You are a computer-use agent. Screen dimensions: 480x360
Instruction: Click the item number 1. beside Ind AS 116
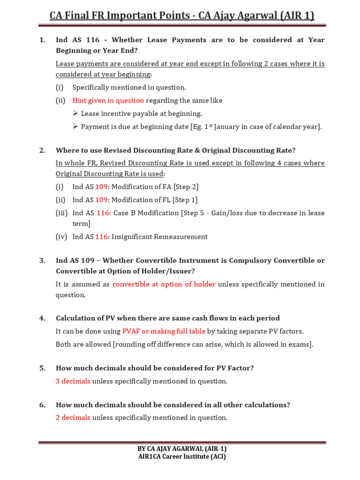coord(42,40)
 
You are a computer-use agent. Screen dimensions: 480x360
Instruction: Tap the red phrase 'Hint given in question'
coord(108,100)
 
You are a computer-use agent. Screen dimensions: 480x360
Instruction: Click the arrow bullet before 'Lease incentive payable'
coord(75,113)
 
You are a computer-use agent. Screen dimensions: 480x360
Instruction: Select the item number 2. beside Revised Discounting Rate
coord(42,150)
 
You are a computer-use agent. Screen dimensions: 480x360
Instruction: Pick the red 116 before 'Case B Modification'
coord(102,213)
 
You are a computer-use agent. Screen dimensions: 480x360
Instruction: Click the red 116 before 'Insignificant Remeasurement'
coord(102,237)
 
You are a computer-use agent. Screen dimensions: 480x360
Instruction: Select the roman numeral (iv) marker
coord(61,237)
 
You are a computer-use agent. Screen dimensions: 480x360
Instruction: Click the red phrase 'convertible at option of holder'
coord(164,284)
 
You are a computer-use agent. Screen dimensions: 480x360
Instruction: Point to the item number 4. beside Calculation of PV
coord(42,318)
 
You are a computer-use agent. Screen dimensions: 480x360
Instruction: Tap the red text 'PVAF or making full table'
coord(164,331)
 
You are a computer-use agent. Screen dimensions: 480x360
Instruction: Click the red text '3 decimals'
coord(73,381)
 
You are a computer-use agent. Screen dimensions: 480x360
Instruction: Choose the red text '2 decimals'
coord(73,418)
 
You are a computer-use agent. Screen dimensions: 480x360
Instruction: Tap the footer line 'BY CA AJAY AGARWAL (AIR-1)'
coord(182,449)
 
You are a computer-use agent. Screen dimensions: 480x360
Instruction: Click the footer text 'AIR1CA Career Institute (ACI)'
coord(182,457)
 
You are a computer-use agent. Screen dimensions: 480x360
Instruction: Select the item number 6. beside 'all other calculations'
coord(42,405)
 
